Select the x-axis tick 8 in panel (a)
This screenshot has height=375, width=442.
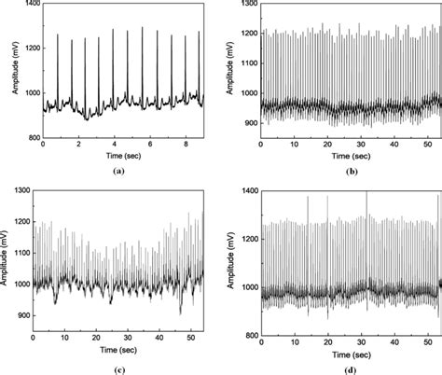pos(183,147)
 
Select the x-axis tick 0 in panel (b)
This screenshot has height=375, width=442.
pos(261,147)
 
